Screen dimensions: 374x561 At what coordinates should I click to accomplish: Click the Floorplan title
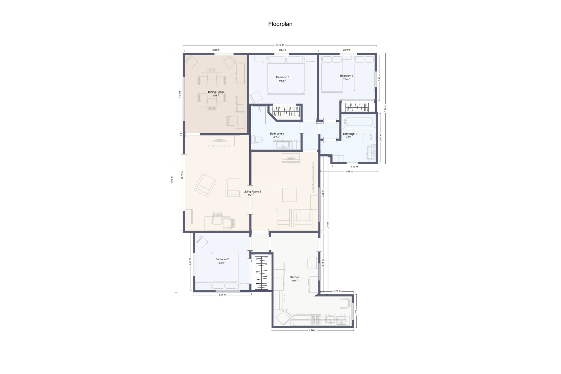coord(280,24)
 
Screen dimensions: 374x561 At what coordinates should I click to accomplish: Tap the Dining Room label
coord(216,92)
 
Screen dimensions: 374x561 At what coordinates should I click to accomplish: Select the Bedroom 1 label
coord(283,77)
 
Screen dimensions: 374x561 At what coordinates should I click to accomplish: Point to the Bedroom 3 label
coord(347,76)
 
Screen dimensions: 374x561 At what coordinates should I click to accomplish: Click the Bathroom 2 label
coord(277,134)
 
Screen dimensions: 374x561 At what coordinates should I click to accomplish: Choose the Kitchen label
coord(295,277)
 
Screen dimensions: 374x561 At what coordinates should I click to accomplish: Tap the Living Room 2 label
coord(252,192)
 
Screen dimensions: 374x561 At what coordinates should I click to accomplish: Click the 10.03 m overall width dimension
coord(280,45)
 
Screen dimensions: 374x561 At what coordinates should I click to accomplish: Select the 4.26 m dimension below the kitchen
coord(312,330)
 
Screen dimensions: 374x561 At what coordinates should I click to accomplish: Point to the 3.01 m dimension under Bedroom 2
coord(222,295)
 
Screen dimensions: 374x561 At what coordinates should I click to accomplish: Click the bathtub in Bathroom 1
coord(359,122)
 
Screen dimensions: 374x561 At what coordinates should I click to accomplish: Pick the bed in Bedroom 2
coord(224,270)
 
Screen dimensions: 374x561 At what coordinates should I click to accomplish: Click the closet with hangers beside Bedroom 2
coord(262,272)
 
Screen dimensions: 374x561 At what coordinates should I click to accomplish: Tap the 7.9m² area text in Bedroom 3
coord(346,79)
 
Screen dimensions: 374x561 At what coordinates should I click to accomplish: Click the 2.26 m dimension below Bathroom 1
coord(354,167)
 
